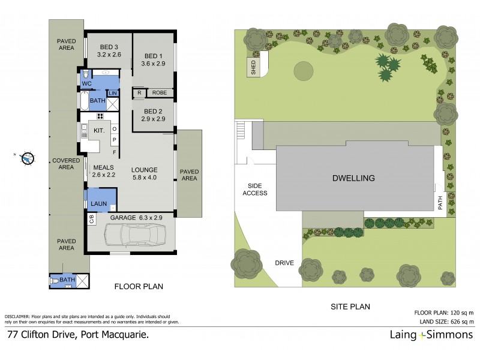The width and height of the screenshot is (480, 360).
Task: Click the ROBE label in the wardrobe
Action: click(x=159, y=93)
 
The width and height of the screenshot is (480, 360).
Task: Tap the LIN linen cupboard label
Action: click(x=112, y=93)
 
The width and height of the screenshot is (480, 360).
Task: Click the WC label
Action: click(x=87, y=83)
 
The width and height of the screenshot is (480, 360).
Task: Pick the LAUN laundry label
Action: click(x=98, y=204)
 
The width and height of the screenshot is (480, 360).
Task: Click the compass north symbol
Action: click(x=27, y=158)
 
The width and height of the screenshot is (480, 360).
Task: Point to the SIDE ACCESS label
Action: click(x=254, y=190)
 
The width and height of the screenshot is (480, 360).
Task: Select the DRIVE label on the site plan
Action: click(x=284, y=263)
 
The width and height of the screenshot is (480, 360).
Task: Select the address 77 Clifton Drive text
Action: click(x=77, y=335)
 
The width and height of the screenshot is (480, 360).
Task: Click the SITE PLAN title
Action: click(x=350, y=307)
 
